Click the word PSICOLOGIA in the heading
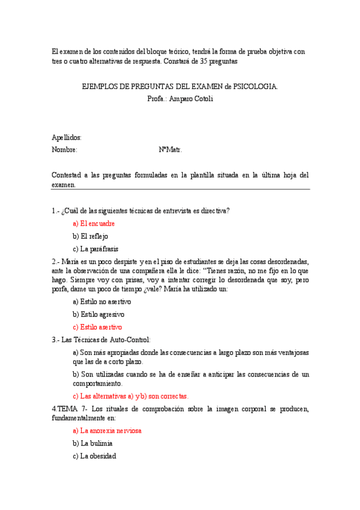(258, 87)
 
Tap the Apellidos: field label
(67, 138)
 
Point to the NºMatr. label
(170, 150)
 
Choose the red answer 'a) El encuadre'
(93, 223)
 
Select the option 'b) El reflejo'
(90, 236)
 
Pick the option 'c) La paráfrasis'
(96, 249)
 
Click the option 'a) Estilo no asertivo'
(102, 301)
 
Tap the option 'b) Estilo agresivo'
(99, 315)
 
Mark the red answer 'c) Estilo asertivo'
(97, 327)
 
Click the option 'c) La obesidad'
(94, 456)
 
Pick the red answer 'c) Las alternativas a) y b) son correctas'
(130, 396)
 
